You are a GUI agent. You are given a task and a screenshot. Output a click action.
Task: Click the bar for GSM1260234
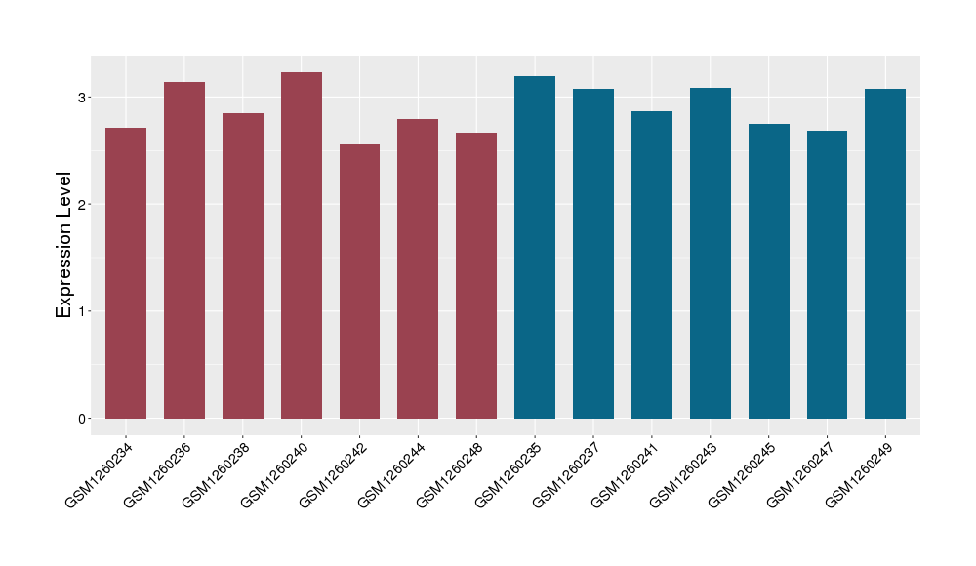point(126,273)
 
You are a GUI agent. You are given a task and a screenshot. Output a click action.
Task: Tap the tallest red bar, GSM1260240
point(302,245)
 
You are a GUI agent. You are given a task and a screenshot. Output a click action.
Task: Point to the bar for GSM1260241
point(652,264)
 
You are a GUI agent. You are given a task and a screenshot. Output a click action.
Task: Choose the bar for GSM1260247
point(827,274)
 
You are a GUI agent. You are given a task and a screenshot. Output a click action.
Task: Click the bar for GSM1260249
point(885,254)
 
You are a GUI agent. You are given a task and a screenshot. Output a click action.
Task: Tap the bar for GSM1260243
point(711,253)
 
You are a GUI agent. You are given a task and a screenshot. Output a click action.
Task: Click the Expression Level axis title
point(64,245)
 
